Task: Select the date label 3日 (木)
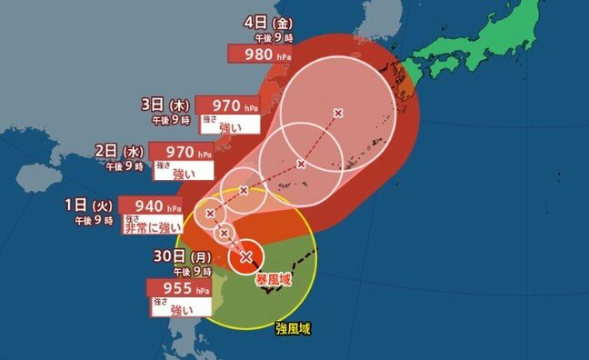(x=169, y=103)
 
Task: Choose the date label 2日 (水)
(x=125, y=151)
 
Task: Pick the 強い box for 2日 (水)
(x=183, y=173)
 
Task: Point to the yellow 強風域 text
(x=292, y=328)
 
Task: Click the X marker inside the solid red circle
(x=245, y=257)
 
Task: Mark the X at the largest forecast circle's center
(x=338, y=113)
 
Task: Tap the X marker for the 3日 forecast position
(x=301, y=165)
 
